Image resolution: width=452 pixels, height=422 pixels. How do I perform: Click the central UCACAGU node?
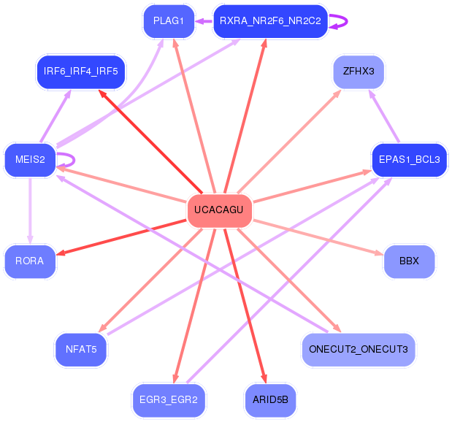(219, 210)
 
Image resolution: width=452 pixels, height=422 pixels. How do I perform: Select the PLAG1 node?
(169, 20)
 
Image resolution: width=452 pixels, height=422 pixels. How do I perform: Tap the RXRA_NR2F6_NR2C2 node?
(270, 20)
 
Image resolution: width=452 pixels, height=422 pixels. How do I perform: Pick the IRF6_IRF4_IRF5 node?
(81, 71)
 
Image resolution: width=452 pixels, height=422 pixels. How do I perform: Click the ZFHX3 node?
(359, 71)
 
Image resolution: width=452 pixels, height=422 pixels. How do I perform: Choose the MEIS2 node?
(30, 160)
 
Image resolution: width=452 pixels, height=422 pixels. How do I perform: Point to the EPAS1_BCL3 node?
(409, 160)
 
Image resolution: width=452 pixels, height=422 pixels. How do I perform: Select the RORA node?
(30, 261)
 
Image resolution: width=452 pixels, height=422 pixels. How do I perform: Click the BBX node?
(409, 261)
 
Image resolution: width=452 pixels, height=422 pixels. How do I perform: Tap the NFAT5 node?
(81, 349)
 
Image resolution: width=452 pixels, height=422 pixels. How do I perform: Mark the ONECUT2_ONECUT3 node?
(359, 349)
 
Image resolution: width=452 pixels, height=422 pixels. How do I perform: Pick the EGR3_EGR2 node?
(169, 400)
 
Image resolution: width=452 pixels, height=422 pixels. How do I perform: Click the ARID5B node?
(270, 400)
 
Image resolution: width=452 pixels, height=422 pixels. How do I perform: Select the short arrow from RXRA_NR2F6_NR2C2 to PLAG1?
(204, 21)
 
